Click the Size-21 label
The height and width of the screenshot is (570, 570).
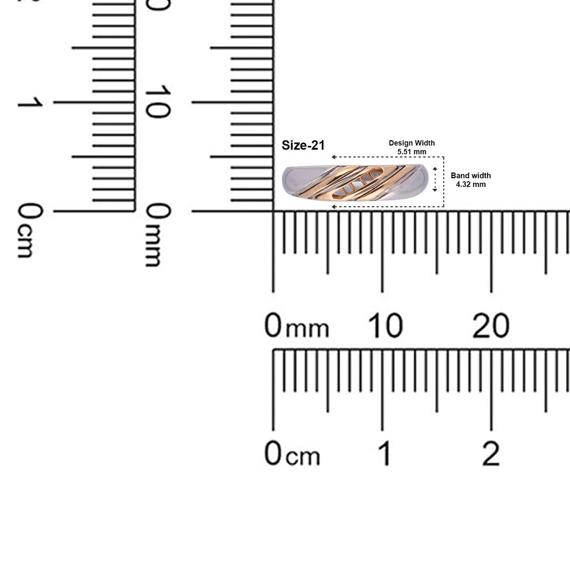tap(303, 145)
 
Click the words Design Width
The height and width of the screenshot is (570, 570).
tap(412, 143)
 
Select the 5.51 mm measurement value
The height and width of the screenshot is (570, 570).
tap(412, 152)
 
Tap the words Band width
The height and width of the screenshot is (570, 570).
tap(471, 176)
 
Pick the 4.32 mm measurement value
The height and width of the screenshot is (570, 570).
tap(471, 185)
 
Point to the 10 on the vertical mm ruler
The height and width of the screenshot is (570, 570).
tap(158, 102)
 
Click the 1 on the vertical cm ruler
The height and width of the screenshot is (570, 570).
tap(30, 102)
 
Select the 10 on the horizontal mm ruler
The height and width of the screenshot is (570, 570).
tap(385, 325)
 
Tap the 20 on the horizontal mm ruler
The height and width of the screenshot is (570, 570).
tap(491, 325)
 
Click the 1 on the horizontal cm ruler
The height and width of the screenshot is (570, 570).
tap(385, 453)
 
